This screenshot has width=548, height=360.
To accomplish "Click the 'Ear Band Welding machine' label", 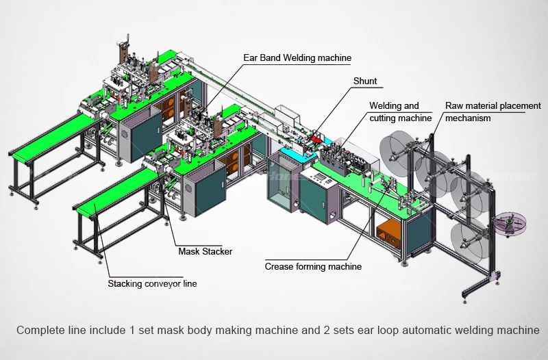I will [x=297, y=58].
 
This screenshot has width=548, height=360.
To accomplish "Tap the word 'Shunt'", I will [x=365, y=81].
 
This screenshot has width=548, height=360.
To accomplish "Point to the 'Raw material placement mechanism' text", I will [x=493, y=112].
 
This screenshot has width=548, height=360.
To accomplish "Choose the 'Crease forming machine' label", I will [x=313, y=266].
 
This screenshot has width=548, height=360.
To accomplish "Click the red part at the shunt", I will [x=316, y=138].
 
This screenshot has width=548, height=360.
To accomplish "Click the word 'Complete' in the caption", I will [x=39, y=331].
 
